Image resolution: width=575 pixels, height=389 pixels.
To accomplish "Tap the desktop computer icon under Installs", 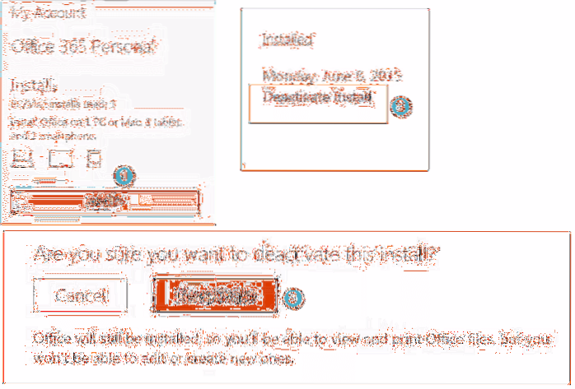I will click(x=22, y=156).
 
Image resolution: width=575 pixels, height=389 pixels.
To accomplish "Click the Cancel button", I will click(x=80, y=294).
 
